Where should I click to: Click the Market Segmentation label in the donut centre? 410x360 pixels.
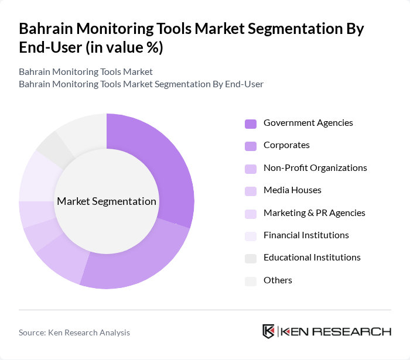coord(107,201)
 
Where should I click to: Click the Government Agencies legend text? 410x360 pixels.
coord(308,123)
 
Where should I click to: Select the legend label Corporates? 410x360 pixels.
coord(286,145)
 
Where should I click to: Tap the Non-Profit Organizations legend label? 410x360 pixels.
coord(315,168)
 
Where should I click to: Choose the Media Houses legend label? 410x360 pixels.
coord(292,190)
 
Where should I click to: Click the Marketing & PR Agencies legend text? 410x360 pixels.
coord(314,212)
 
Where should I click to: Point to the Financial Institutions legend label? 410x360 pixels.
coord(306,235)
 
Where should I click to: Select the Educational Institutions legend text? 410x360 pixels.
coord(312,258)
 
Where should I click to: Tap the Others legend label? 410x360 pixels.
coord(278,280)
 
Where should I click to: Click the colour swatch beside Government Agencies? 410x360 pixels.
coord(251,124)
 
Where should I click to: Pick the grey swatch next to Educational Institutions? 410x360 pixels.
coord(251,258)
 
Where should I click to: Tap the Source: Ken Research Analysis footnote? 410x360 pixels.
coord(74,332)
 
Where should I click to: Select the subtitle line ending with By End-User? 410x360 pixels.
coord(141,84)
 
